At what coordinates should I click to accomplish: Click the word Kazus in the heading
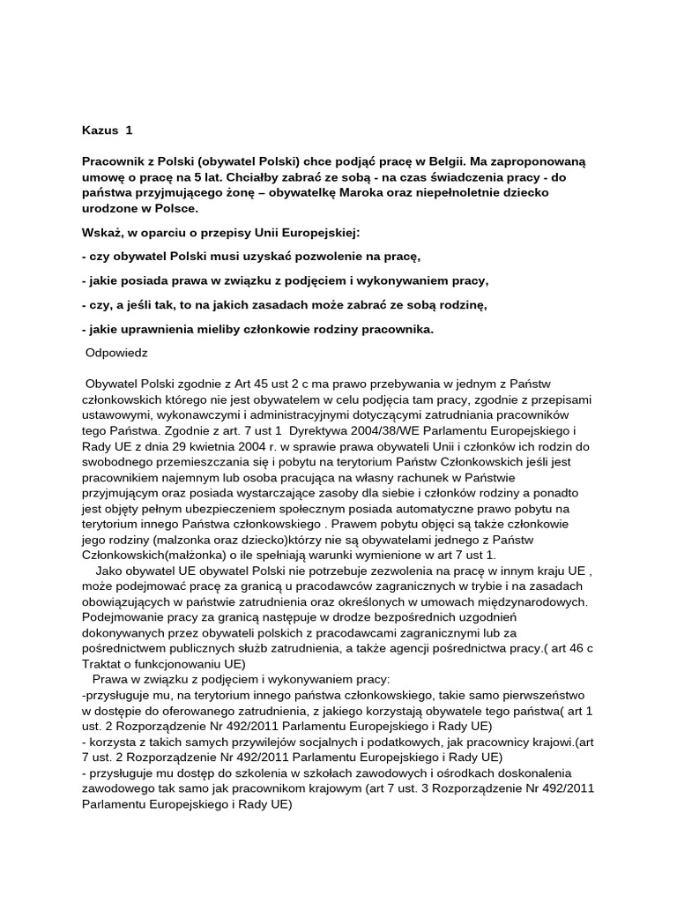point(99,130)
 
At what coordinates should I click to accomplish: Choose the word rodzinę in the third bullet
point(455,304)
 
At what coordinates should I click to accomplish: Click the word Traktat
point(103,664)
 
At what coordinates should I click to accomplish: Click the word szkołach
point(305,772)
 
